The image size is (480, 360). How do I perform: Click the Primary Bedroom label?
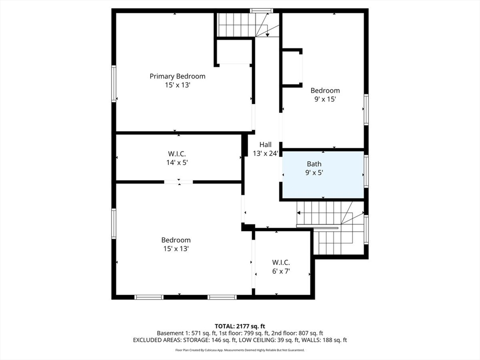coord(177,76)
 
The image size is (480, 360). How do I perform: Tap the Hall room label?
coord(265,144)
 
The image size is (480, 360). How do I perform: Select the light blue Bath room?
coord(323,174)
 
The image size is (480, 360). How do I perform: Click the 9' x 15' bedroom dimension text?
coord(325,99)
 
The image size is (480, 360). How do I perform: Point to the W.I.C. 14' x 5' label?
coord(177,158)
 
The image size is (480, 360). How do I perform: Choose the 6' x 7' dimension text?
coord(281,271)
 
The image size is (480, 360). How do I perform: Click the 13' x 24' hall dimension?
coord(265,153)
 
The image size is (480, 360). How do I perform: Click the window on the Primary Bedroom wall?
coord(114,83)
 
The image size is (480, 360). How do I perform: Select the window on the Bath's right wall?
coord(366,171)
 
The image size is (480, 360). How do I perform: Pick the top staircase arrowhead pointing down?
coord(268,35)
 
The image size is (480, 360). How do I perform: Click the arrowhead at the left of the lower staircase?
coord(299,213)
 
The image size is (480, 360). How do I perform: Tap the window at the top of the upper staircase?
coord(262,11)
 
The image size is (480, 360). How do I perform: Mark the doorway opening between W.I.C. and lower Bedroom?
coord(179,182)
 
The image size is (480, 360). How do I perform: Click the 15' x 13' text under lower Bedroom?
coord(176,248)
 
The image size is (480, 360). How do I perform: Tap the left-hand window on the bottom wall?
coord(149,297)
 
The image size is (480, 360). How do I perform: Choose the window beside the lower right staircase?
coord(366,229)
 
